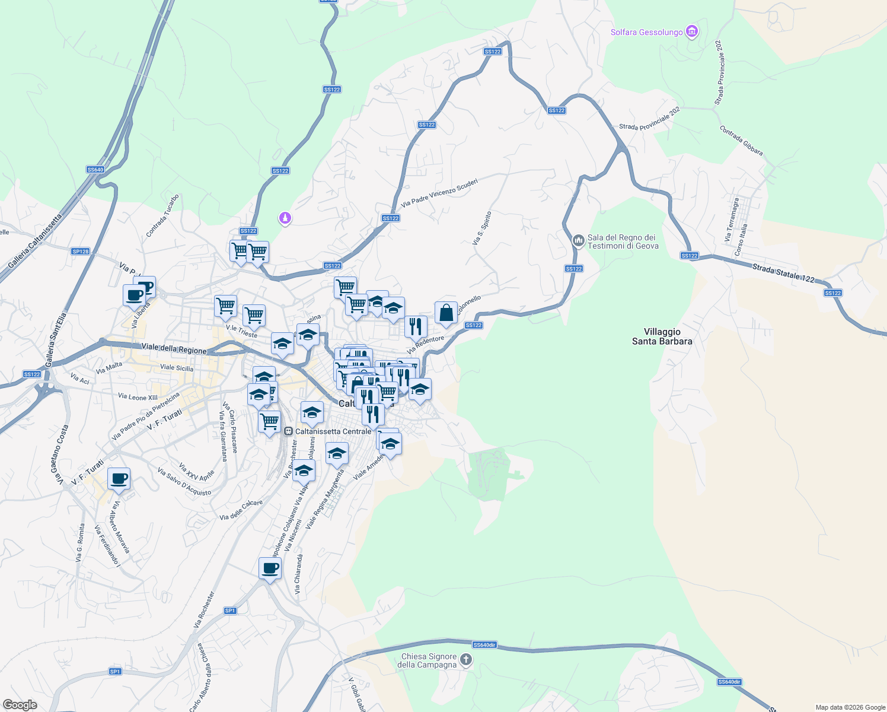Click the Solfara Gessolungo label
[646, 32]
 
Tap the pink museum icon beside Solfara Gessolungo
[691, 31]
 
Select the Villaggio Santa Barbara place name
[662, 336]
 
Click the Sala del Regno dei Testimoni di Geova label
[623, 241]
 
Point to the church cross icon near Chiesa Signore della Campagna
[466, 660]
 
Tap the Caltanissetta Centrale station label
[333, 431]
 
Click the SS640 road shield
[95, 170]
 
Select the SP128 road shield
[81, 252]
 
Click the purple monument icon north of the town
[285, 219]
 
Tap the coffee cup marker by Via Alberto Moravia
[119, 478]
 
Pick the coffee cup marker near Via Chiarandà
[270, 568]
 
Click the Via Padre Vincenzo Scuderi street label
[439, 193]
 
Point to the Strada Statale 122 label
[783, 273]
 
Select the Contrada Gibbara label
[741, 141]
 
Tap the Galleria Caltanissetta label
[35, 241]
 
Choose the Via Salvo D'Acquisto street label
[184, 482]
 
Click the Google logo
[20, 704]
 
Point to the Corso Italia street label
[741, 240]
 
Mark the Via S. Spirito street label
[482, 228]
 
